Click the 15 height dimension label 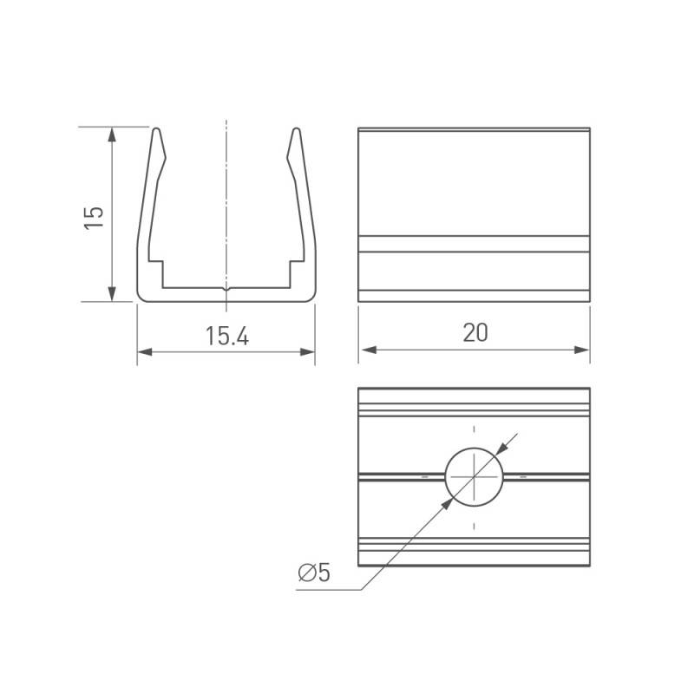(94, 218)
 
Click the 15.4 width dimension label (227, 336)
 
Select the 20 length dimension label (475, 333)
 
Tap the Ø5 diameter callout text (314, 573)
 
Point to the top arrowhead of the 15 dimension (112, 134)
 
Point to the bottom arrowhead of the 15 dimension (112, 294)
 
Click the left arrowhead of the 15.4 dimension (145, 352)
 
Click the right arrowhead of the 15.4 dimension (308, 352)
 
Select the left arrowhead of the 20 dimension (370, 350)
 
